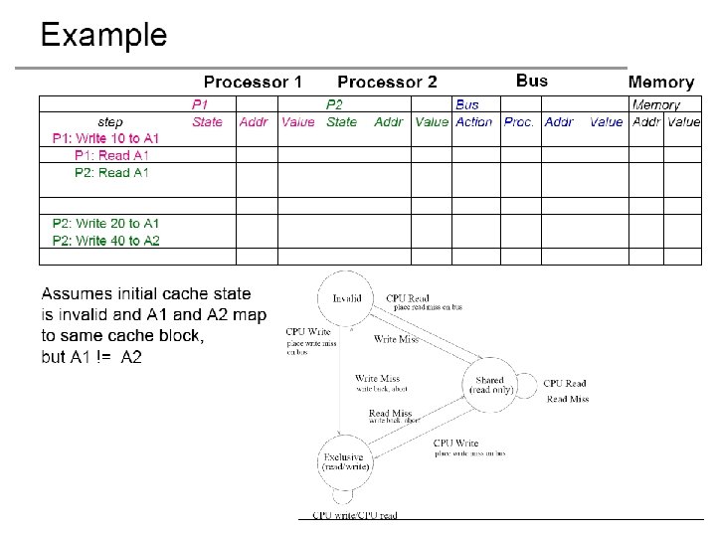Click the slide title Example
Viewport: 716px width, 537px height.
pos(103,36)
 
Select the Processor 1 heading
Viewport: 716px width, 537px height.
pos(253,82)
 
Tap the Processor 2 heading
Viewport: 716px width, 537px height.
pos(387,82)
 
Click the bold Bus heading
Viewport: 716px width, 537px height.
pos(531,81)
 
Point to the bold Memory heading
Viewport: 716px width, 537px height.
pos(660,83)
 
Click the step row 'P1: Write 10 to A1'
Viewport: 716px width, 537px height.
pos(105,138)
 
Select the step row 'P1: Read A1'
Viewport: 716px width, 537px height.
pos(111,155)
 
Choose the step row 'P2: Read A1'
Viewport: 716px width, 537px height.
pos(111,172)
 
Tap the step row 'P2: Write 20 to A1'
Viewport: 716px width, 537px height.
pos(105,224)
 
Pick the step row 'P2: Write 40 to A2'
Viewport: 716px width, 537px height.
pos(105,241)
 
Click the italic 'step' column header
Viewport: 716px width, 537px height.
pos(110,121)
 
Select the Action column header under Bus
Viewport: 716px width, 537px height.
pos(473,121)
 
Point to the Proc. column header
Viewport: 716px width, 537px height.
pos(518,121)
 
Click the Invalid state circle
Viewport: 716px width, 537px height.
pos(346,297)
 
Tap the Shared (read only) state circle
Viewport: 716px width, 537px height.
pos(490,385)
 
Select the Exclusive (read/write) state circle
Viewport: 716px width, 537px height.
pos(346,460)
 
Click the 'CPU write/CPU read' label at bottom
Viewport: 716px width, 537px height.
pos(355,515)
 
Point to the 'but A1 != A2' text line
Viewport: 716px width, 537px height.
pos(91,357)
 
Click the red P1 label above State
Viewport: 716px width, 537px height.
pos(201,104)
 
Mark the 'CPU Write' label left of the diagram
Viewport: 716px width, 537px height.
pos(308,332)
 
